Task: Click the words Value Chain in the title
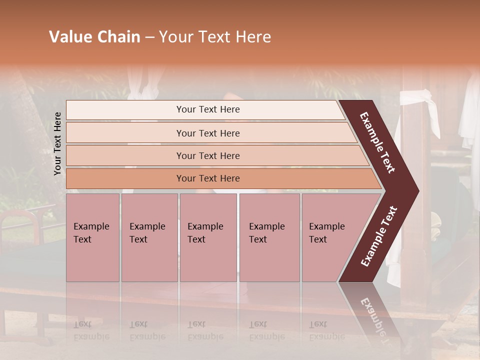[x=94, y=37]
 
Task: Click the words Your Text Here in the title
[x=215, y=37]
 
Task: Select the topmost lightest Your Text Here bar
[x=207, y=109]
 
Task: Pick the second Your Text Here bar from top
[x=207, y=133]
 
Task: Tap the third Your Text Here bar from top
[x=207, y=155]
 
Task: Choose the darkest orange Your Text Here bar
[x=207, y=178]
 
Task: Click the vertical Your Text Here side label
[x=57, y=143]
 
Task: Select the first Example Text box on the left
[x=92, y=237]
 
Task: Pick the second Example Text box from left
[x=149, y=237]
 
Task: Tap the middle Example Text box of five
[x=208, y=237]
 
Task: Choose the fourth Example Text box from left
[x=269, y=237]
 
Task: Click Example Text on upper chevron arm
[x=377, y=142]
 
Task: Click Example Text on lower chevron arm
[x=379, y=236]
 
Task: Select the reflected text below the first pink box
[x=91, y=330]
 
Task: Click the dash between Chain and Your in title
[x=149, y=37]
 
